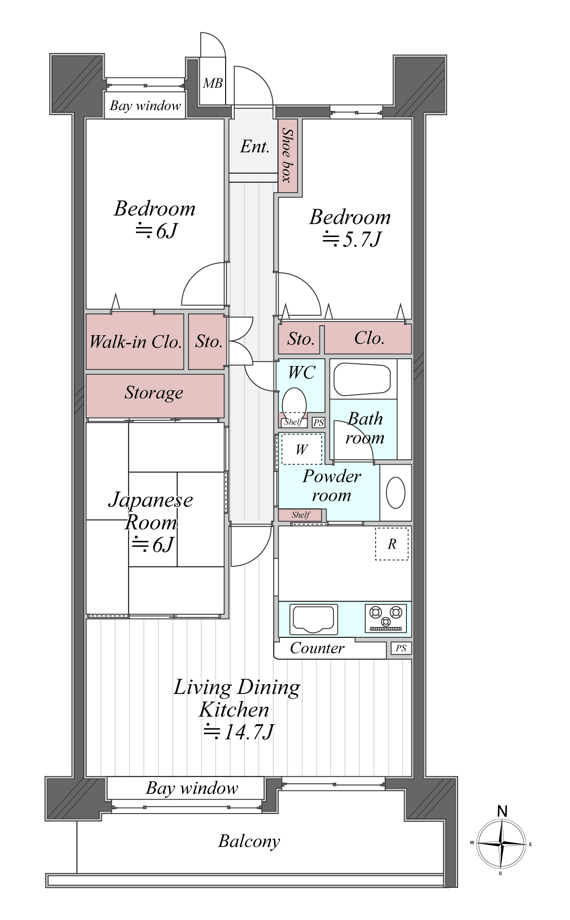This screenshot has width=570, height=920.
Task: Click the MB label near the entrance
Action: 213,83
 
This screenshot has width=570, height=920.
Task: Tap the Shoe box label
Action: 287,155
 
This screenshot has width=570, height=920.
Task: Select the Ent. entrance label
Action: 255,146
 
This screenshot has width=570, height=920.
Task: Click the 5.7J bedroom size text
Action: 352,239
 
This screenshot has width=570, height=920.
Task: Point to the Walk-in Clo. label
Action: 135,342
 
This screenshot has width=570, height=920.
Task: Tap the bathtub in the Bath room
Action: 362,379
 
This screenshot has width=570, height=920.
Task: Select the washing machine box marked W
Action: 302,449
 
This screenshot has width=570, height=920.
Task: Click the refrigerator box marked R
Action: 391,544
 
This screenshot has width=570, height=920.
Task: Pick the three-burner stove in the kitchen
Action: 386,618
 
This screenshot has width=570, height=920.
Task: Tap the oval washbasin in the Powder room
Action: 396,493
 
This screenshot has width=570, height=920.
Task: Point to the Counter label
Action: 317,648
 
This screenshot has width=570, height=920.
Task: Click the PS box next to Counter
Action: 401,648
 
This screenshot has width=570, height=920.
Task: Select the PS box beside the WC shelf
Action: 319,423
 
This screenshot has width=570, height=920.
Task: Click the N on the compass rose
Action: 502,811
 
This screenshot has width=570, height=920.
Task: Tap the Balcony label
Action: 249,841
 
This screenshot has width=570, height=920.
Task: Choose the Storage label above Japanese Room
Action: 154,393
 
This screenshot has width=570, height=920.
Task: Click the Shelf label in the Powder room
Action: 300,515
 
